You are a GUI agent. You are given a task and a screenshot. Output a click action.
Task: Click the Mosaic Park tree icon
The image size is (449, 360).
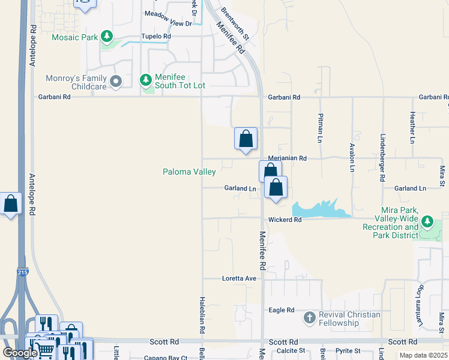pos(107,37)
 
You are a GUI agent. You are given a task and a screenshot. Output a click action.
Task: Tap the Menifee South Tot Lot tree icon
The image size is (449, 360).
pos(145,79)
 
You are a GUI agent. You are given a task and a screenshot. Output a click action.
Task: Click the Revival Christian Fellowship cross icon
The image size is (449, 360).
pos(310,317)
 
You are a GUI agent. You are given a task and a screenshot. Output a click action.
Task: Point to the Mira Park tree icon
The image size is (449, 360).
pos(427,222)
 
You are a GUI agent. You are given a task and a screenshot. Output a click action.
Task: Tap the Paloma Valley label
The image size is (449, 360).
pos(189,172)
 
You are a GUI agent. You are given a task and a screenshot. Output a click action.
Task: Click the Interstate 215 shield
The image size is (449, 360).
pos(22,271)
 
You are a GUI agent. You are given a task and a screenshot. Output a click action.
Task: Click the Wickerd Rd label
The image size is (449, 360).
pos(284,220)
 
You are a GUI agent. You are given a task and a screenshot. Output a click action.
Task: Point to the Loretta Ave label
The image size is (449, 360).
pos(239,278)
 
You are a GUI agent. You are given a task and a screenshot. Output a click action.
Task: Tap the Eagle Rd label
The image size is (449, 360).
pos(281,310)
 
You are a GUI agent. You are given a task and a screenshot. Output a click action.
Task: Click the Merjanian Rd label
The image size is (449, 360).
pos(287,158)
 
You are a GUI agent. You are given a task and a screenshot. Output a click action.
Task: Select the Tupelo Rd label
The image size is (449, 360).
pos(156,36)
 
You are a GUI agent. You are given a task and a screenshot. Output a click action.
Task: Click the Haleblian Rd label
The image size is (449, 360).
pos(202,313)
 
